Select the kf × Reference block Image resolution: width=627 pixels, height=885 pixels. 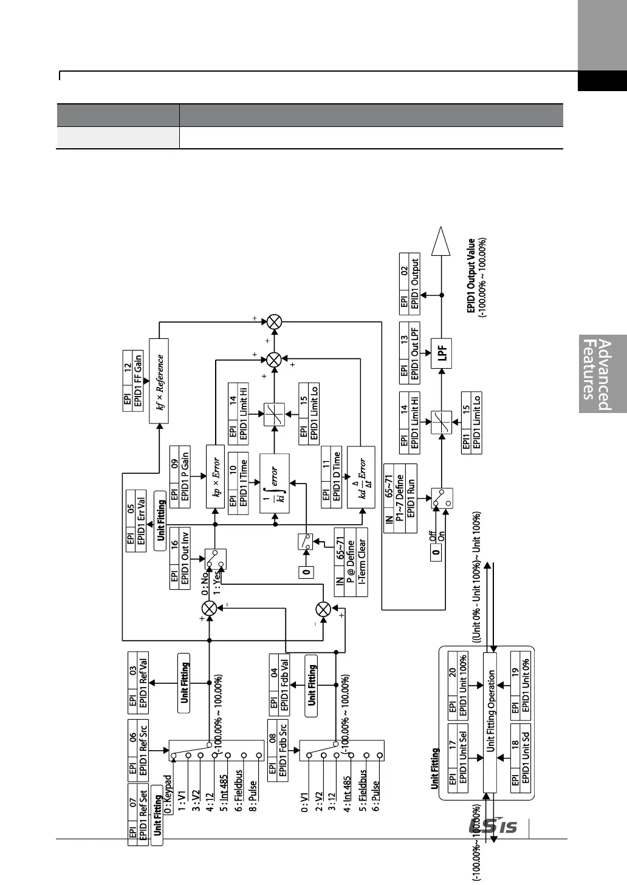[159, 382]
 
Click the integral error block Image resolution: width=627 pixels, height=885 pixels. [274, 484]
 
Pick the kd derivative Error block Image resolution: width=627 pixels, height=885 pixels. [360, 477]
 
